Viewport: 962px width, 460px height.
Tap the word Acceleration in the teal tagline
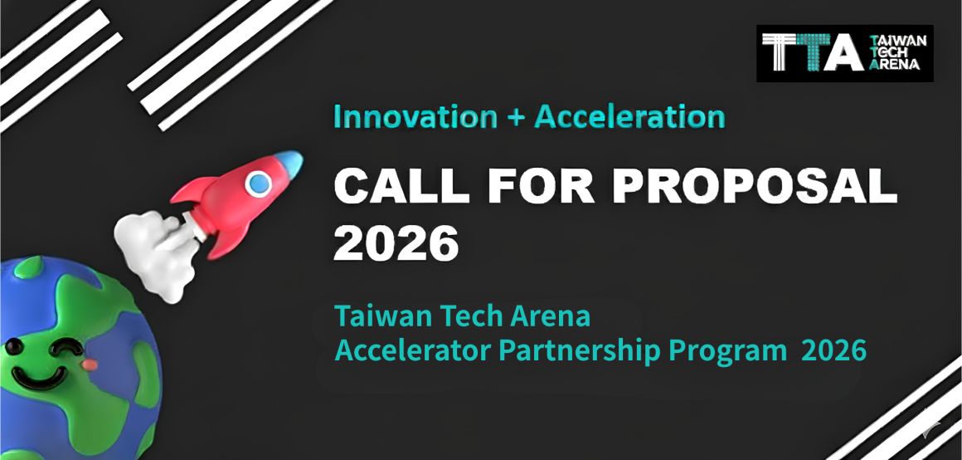(x=629, y=117)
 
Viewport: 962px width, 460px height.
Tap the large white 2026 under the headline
(x=396, y=242)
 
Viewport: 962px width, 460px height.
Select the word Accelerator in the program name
(x=412, y=350)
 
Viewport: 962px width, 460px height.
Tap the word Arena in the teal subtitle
(x=551, y=316)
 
